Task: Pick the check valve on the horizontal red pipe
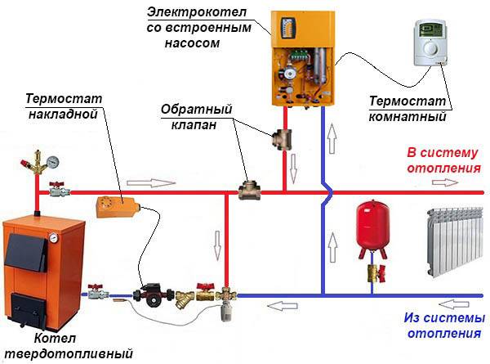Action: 246,191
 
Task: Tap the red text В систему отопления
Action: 443,160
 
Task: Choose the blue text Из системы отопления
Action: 443,326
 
